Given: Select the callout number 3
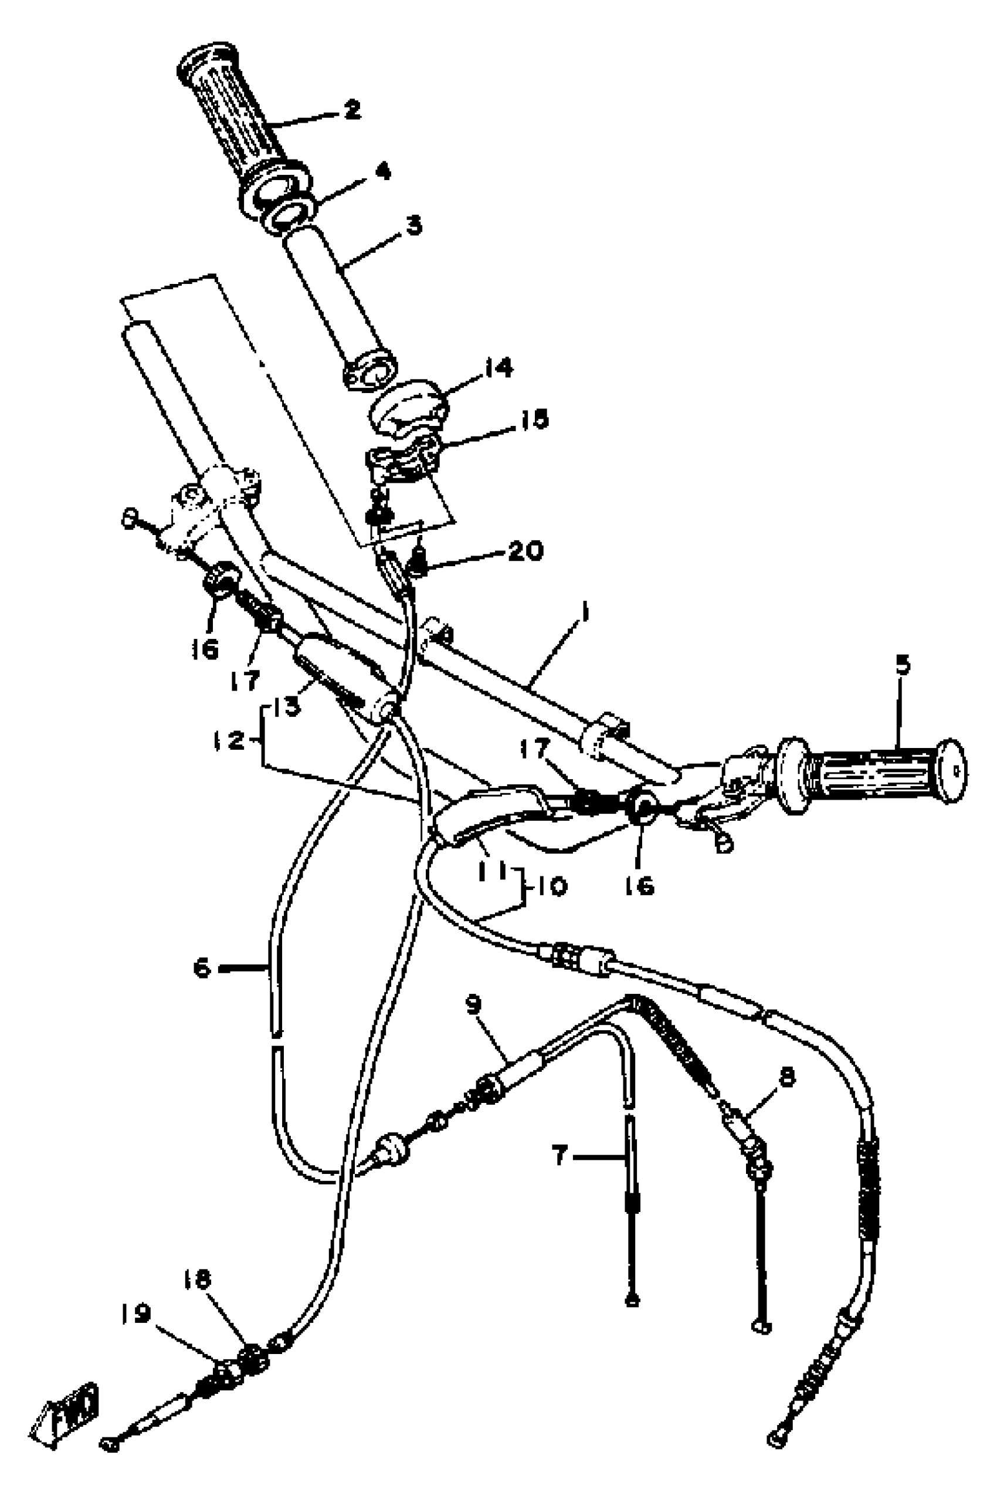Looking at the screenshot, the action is point(414,225).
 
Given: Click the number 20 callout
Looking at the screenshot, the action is point(525,551).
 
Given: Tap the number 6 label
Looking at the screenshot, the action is point(202,968).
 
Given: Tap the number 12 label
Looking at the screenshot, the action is point(228,740).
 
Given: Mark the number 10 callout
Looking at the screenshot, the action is point(551,886).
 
